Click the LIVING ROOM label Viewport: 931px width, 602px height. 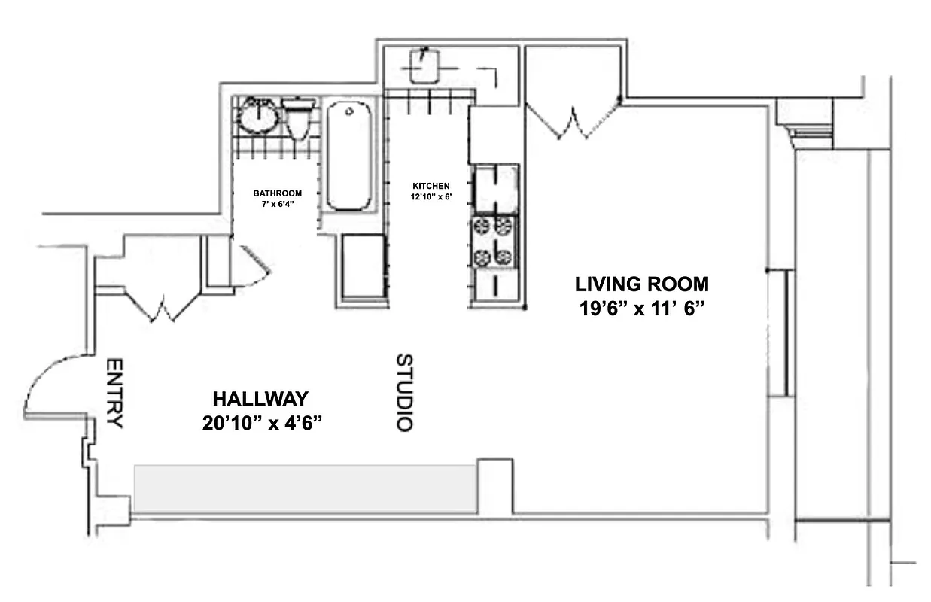pos(641,284)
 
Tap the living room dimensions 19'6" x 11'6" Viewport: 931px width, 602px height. pos(641,309)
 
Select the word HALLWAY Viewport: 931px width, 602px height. pos(260,399)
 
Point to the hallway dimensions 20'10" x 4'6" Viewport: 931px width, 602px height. pos(262,424)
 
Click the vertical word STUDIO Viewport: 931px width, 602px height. pos(404,392)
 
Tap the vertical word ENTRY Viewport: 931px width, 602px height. pos(114,393)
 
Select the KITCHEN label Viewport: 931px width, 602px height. pos(431,186)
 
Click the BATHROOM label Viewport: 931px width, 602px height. pos(277,193)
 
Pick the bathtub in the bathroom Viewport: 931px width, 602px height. pos(348,157)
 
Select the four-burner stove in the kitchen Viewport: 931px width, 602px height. pos(494,241)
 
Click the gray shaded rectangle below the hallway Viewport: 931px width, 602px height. pos(305,488)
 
